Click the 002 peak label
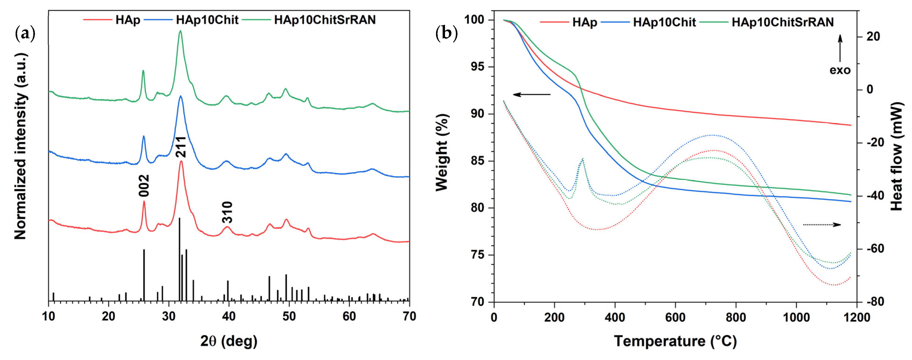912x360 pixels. [144, 185]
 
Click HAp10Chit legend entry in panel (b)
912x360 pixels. [664, 22]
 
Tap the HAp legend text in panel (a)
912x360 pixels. [127, 20]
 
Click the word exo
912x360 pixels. [840, 70]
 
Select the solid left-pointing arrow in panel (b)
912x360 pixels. [532, 94]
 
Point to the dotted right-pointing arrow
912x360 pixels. [821, 224]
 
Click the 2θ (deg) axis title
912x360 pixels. [229, 341]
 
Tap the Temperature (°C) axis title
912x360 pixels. [675, 341]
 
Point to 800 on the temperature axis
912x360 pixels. [736, 317]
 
